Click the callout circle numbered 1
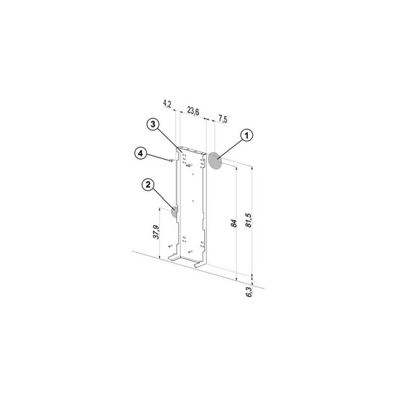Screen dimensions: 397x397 point(246,135)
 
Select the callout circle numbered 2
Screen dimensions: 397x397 point(148,185)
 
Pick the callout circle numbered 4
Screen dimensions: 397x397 point(140,153)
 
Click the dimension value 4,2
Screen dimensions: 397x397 point(167,103)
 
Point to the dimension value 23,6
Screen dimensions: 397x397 point(193,111)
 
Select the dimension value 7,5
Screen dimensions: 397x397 point(223,119)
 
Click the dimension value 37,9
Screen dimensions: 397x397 point(156,232)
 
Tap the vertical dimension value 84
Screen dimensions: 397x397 point(234,223)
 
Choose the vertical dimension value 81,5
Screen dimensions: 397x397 point(249,220)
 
